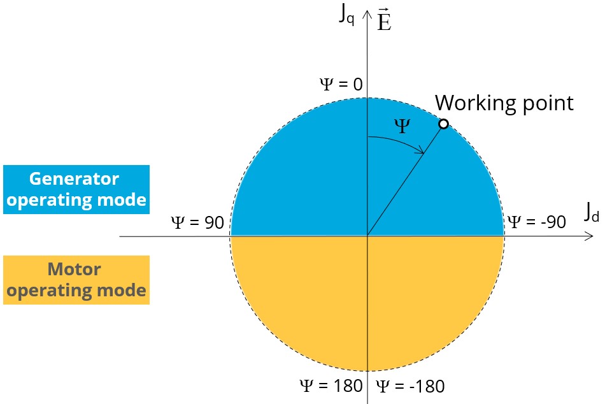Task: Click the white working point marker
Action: coord(443,124)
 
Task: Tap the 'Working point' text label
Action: coord(504,103)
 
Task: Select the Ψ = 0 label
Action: coord(340,84)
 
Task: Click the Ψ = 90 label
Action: coord(197,223)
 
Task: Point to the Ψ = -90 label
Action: coord(536,223)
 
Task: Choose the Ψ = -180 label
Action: coord(410,386)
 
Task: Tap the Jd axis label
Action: coord(592,213)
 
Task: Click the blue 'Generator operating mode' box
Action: coord(76,189)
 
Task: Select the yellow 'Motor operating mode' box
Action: coord(76,280)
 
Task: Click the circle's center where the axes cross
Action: coord(367,236)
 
